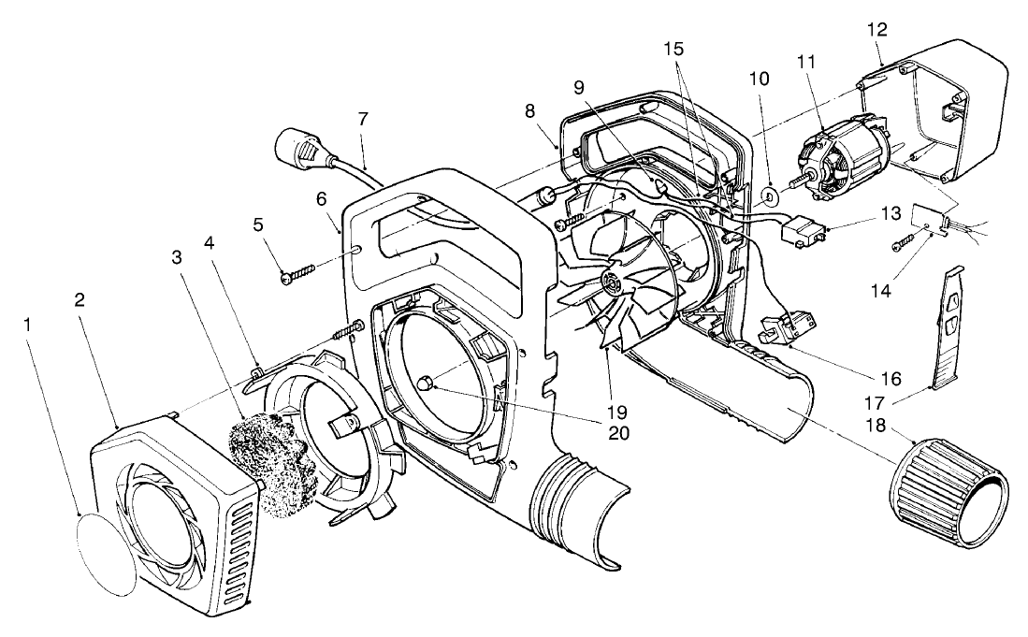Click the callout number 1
pyautogui.click(x=32, y=326)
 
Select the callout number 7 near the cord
pyautogui.click(x=362, y=119)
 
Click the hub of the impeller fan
pyautogui.click(x=614, y=282)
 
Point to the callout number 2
pyautogui.click(x=80, y=301)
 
